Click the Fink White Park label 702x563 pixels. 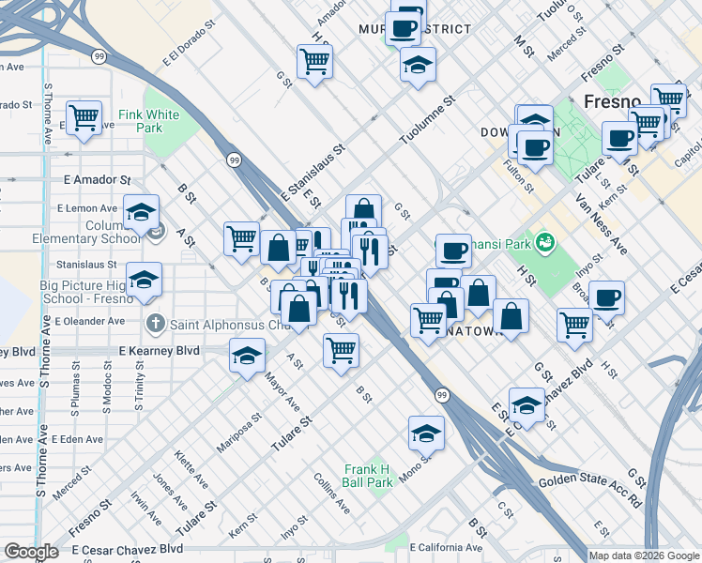(148, 120)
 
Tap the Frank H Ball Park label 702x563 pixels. (367, 476)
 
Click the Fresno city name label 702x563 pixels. (612, 101)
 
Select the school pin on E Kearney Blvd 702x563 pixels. (247, 357)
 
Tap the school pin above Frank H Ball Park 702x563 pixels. (426, 434)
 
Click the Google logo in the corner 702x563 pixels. (31, 552)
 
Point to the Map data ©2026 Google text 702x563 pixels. (643, 555)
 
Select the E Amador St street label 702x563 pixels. (97, 178)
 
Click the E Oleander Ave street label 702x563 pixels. (89, 321)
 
